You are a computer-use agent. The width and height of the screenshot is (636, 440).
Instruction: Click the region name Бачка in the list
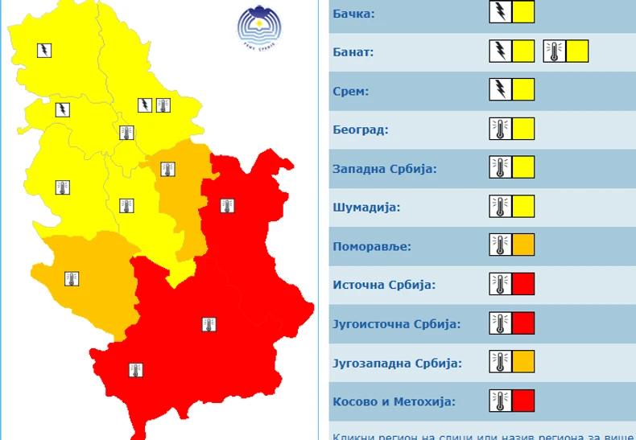(353, 14)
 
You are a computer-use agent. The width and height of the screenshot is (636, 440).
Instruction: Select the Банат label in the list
(353, 53)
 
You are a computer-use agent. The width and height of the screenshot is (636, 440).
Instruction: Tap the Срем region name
(350, 92)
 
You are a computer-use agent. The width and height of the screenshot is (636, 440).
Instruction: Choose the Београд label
(360, 130)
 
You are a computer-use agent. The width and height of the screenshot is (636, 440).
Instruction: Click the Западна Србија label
(384, 169)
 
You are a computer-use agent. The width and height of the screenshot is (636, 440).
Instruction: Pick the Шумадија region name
(366, 208)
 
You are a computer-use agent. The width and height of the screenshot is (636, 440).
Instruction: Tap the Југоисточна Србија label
(396, 324)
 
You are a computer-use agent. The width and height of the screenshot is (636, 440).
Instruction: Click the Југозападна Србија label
(397, 363)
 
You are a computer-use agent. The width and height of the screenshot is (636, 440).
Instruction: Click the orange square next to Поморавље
(523, 245)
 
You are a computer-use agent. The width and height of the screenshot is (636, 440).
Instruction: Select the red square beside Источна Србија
(523, 284)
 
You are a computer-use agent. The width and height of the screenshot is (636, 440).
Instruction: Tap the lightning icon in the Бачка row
(500, 12)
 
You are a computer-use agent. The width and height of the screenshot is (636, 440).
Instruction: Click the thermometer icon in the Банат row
(554, 51)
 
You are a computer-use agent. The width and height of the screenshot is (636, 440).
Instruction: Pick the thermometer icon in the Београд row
(500, 129)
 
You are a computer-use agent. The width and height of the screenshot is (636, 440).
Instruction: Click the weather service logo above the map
(259, 27)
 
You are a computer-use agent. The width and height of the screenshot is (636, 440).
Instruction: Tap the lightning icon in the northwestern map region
(44, 50)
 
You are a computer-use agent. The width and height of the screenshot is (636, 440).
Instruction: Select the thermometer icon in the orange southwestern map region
(72, 279)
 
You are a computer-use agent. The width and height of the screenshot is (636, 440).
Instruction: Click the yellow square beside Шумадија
(523, 206)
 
